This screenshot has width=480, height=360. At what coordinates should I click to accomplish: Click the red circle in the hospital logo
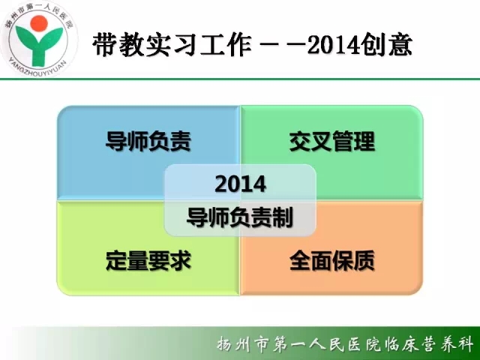(x=39, y=23)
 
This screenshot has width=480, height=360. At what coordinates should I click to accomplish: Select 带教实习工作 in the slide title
(x=172, y=45)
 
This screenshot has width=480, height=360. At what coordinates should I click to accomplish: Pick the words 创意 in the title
(x=385, y=45)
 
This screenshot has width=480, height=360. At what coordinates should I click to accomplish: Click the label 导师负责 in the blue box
(x=148, y=141)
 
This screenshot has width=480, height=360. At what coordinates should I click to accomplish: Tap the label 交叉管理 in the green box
(x=332, y=141)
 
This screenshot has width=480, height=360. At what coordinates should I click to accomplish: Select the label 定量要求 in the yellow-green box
(x=148, y=260)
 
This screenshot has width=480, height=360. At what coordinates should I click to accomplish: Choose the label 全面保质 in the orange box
(x=332, y=260)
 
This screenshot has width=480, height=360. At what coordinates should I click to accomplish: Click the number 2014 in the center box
(x=240, y=184)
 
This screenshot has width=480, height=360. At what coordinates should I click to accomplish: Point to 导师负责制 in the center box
(x=240, y=217)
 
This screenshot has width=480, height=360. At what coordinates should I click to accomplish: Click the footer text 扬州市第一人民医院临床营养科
(x=345, y=344)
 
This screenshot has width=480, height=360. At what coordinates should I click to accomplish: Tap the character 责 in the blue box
(x=181, y=141)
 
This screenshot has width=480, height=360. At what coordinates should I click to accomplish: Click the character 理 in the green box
(x=364, y=141)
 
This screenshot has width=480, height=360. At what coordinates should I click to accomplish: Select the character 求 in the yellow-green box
(x=181, y=260)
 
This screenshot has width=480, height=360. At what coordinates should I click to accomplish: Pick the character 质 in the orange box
(x=364, y=260)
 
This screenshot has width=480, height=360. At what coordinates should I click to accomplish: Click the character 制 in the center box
(x=283, y=217)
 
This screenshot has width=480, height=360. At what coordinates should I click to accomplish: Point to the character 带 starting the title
(x=105, y=45)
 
